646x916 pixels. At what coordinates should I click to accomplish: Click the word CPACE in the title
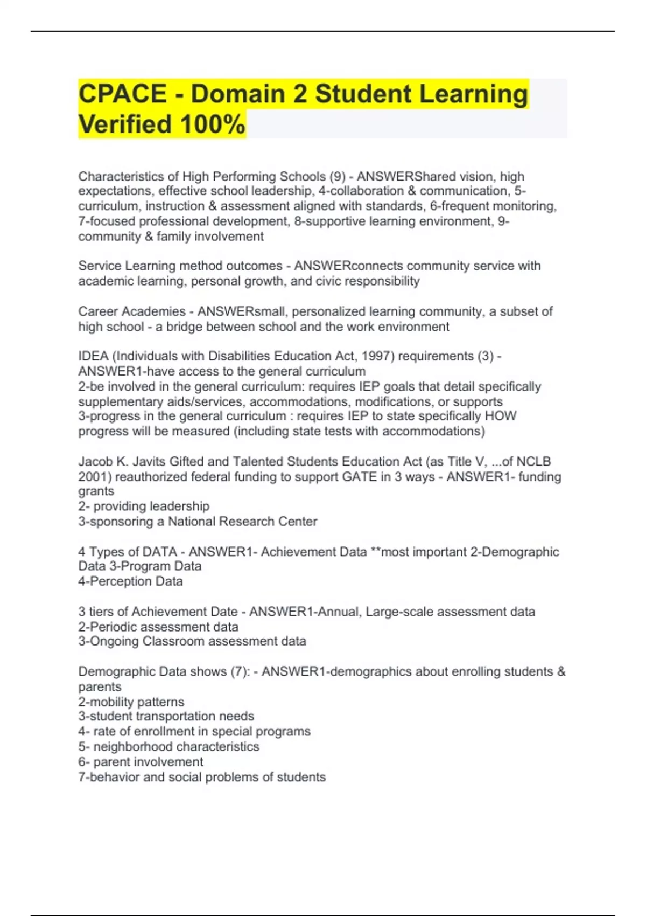[122, 94]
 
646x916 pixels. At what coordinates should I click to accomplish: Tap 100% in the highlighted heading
[213, 124]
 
